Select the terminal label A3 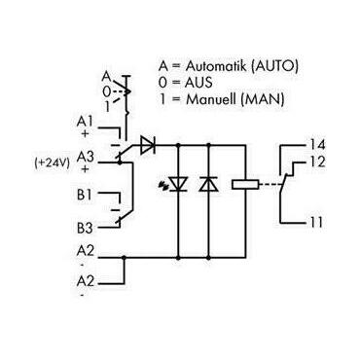[x=84, y=155]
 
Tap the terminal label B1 [x=84, y=195]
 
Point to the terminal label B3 [x=84, y=229]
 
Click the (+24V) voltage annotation [x=51, y=162]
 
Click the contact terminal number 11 [x=317, y=223]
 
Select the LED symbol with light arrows [x=179, y=183]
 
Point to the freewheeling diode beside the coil [x=206, y=183]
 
